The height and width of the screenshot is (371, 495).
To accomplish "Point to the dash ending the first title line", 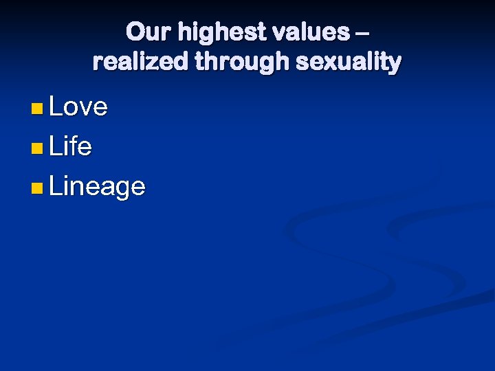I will tap(363, 33).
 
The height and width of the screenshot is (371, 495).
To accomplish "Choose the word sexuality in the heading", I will tap(348, 63).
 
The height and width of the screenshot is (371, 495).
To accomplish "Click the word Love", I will tap(78, 106).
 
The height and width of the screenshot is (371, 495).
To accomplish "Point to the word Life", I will tap(70, 146).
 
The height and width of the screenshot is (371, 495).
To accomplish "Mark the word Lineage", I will tap(97, 187).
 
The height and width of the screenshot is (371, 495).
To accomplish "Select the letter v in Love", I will tap(87, 109).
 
